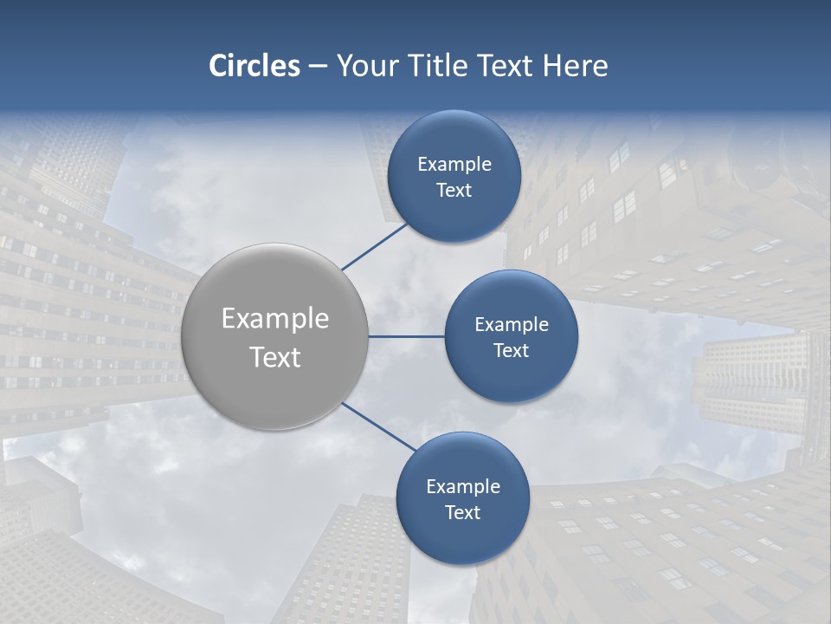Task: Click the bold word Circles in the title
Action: (254, 66)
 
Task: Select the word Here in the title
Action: (576, 66)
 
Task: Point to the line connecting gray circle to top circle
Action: (375, 247)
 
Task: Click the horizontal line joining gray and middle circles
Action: (406, 336)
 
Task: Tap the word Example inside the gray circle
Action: (275, 319)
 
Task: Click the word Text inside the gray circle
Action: (275, 357)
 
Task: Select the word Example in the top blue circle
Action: (454, 165)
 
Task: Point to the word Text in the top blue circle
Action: (454, 191)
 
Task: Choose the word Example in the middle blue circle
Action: (512, 325)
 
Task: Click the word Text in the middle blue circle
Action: (512, 351)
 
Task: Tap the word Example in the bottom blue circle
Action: (463, 487)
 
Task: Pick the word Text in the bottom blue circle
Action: (463, 513)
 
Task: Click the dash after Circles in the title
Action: (318, 67)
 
